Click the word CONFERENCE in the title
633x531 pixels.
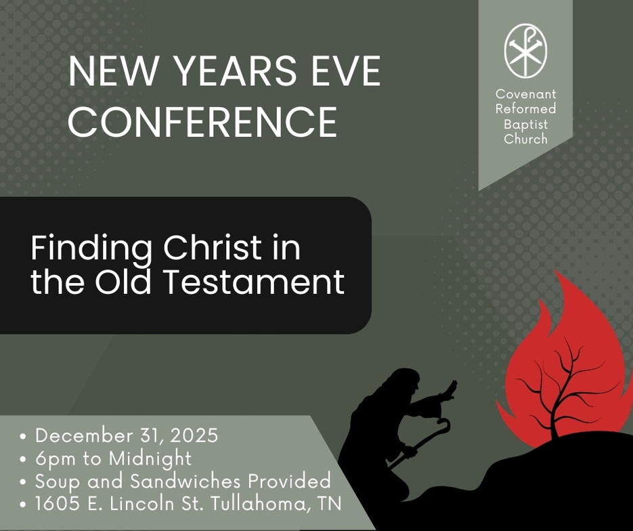click(x=202, y=121)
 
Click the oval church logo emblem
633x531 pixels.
click(x=525, y=51)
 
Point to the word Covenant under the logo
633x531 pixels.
click(x=525, y=94)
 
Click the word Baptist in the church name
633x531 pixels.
click(x=525, y=124)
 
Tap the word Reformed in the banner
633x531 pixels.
click(x=525, y=108)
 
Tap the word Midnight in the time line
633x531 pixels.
click(x=150, y=459)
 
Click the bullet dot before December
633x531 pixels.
click(x=24, y=436)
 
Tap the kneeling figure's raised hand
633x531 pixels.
click(x=449, y=390)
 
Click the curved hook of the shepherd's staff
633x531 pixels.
click(x=444, y=425)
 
